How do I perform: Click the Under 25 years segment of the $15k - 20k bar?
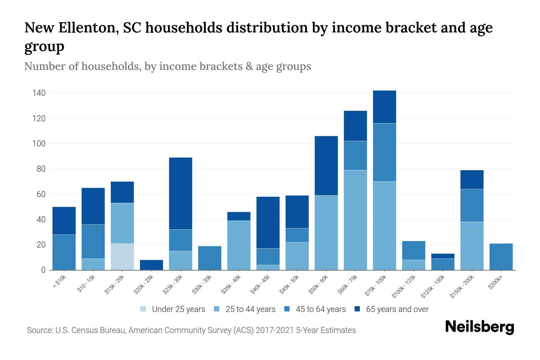[122, 256]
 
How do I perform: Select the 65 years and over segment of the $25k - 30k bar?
[181, 193]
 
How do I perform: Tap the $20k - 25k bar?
[151, 265]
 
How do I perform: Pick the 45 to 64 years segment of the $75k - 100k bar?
[384, 152]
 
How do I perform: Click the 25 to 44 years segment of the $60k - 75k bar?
[355, 220]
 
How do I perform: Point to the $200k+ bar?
[501, 257]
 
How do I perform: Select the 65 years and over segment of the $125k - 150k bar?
[442, 256]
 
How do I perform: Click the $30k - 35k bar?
[210, 258]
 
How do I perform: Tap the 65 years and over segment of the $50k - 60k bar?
[326, 166]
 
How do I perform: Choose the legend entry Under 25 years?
[178, 309]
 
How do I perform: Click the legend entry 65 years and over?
[397, 309]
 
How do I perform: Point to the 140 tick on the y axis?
[39, 93]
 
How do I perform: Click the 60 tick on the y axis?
[41, 194]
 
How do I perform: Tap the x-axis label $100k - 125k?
[404, 286]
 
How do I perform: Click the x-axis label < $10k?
[59, 282]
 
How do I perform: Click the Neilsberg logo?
[479, 327]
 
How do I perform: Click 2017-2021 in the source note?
[275, 330]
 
